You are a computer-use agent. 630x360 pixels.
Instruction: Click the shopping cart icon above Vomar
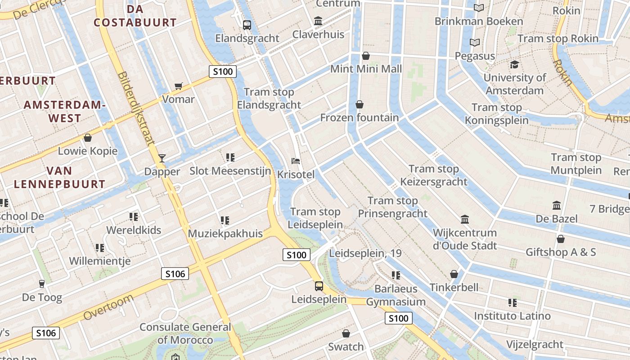click(179, 86)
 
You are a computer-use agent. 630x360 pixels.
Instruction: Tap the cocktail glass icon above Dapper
click(162, 158)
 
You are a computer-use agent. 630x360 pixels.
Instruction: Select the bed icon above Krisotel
click(296, 161)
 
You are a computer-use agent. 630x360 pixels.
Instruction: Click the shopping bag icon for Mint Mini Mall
click(366, 56)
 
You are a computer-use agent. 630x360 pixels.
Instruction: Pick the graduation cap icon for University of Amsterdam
click(514, 64)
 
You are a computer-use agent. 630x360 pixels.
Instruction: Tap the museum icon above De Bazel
click(557, 206)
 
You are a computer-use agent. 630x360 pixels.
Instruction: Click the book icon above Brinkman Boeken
click(479, 8)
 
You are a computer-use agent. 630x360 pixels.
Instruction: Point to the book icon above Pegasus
click(475, 43)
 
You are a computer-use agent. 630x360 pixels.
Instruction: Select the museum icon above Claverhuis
click(318, 21)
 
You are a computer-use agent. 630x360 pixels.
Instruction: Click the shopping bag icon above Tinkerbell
click(454, 274)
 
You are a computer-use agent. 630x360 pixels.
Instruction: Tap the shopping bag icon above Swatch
click(346, 333)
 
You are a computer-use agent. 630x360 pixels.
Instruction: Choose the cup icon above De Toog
click(42, 283)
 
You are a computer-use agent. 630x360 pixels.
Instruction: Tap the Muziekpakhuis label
click(225, 234)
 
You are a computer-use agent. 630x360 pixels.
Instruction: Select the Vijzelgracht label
click(535, 345)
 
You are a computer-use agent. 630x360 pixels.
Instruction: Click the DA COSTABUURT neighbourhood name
click(135, 16)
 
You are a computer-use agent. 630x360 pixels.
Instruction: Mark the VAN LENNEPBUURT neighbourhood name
click(59, 177)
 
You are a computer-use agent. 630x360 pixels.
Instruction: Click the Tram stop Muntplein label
click(576, 164)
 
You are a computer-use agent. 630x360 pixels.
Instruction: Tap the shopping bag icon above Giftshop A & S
click(561, 238)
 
